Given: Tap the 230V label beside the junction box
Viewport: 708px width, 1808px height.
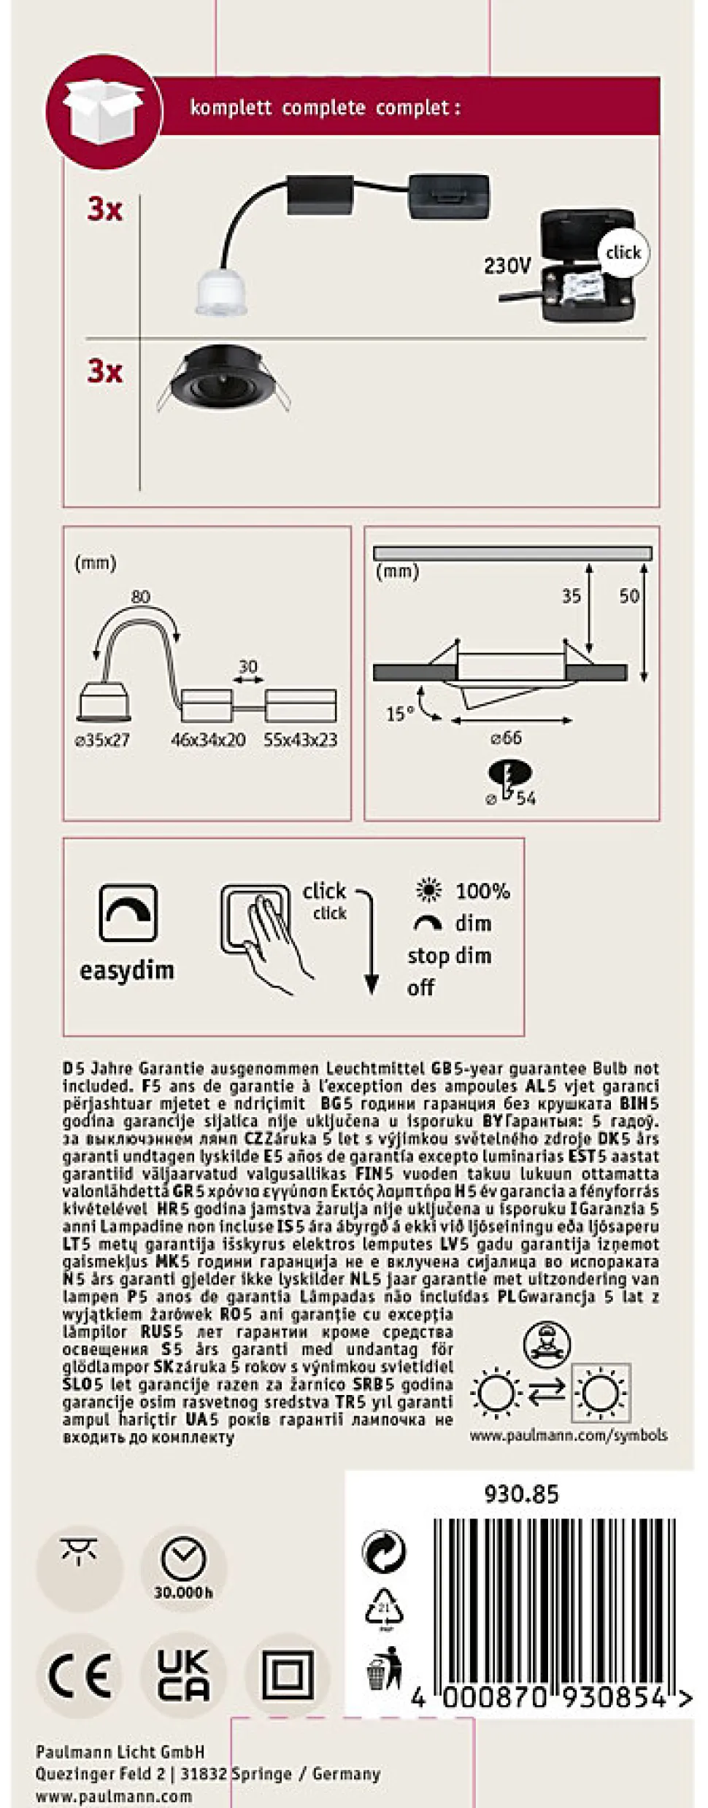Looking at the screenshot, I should pos(507,266).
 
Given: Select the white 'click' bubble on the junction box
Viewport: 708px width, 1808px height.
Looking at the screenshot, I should pos(623,252).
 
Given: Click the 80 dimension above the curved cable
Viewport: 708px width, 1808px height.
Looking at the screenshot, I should pos(140,597).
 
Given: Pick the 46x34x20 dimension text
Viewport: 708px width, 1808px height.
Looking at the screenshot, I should pos(208,740).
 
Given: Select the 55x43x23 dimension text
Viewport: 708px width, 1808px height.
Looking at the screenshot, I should pos(301,740).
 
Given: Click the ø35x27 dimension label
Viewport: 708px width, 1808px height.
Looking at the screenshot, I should pos(102,740).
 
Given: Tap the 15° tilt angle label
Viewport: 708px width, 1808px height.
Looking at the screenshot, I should pos(400,713).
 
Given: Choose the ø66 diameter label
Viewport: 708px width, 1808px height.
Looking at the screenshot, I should pos(506,738).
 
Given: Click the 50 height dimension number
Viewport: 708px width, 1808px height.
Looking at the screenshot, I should pos(629,596).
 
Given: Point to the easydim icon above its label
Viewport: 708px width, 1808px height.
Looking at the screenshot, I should pos(128,913).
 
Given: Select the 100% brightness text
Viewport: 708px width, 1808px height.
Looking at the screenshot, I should pos(482,891).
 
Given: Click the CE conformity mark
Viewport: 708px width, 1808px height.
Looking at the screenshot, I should pos(80,1676).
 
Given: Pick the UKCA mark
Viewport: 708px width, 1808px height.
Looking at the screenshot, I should pos(183,1674).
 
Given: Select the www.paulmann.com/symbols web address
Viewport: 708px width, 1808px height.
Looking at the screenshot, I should pos(568,1435).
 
